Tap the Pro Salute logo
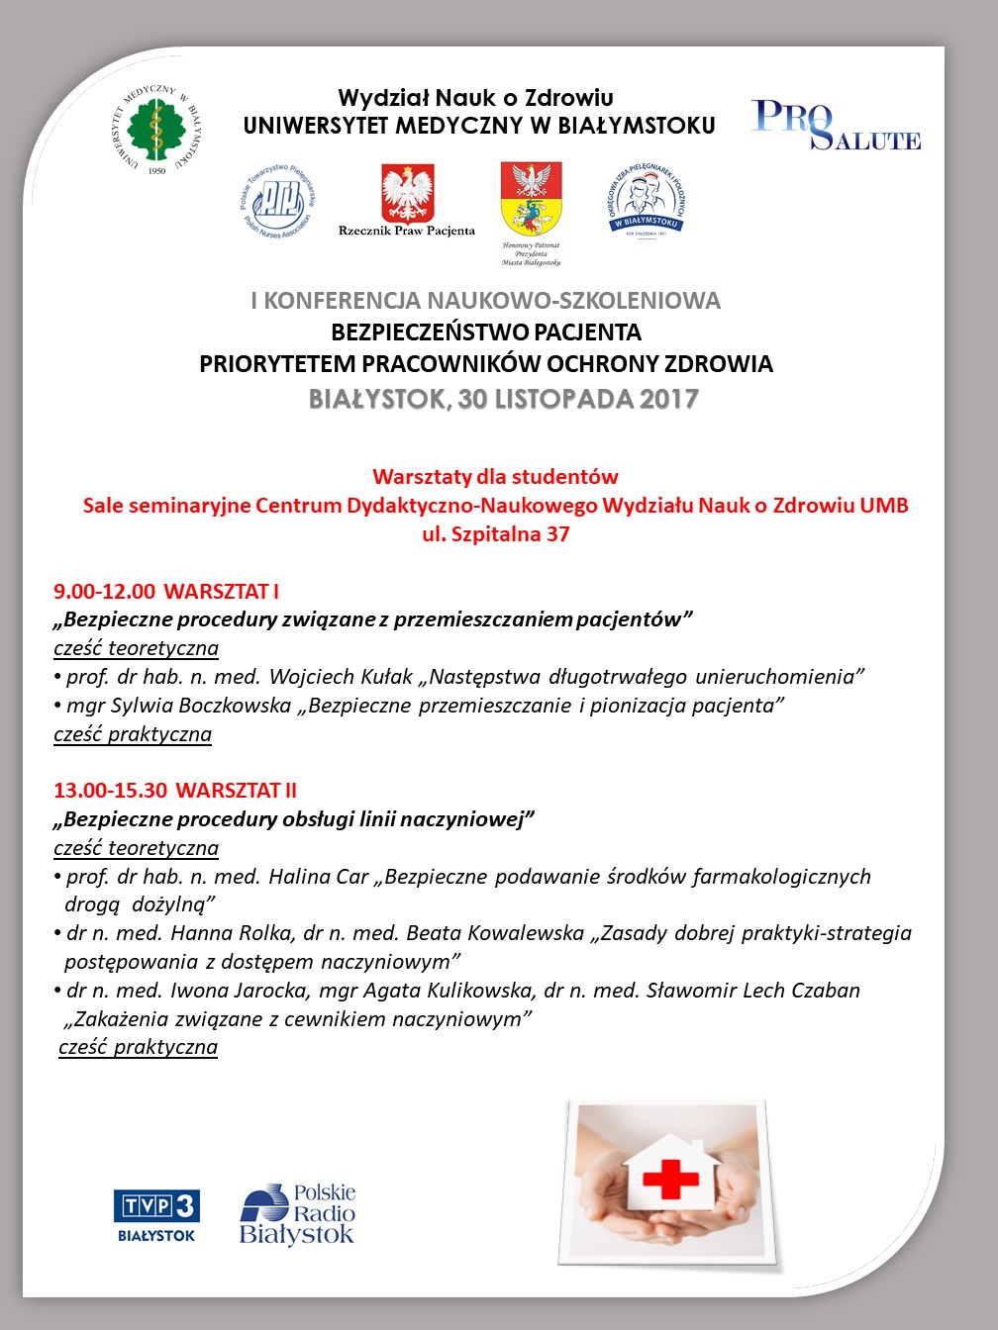pos(836,125)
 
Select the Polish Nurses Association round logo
pos(278,200)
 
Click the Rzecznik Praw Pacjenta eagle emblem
pos(407,193)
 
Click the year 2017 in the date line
pos(669,399)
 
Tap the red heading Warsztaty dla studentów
pos(495,476)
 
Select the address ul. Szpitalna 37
pos(495,534)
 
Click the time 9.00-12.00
pos(104,592)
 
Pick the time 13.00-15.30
pos(110,791)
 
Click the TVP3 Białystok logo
pos(156,1215)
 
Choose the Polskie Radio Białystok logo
pos(297,1213)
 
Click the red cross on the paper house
pos(670,1178)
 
